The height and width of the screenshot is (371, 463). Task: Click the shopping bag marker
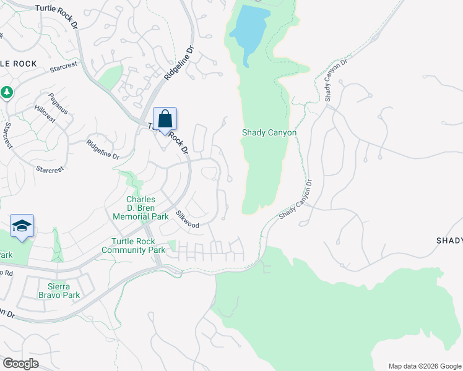point(165,119)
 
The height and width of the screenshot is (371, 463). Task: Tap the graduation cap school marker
point(22,226)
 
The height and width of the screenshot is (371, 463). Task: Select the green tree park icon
point(7,92)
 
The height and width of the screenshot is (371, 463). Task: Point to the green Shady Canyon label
point(269,133)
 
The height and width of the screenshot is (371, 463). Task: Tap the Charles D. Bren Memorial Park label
point(141,208)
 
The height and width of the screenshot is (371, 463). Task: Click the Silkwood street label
point(188,220)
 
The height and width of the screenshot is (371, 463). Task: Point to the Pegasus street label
point(58,103)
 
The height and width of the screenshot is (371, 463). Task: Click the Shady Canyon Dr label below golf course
point(296,200)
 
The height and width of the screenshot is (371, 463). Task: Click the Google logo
point(20,364)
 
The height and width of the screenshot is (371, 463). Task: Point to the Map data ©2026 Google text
point(425,365)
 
